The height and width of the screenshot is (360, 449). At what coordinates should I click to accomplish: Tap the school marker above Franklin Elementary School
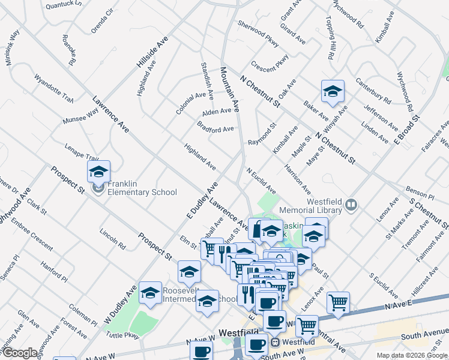click(x=98, y=172)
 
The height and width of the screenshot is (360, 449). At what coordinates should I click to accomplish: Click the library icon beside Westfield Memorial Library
click(x=352, y=206)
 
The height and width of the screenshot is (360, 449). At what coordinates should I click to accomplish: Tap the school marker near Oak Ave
click(x=333, y=92)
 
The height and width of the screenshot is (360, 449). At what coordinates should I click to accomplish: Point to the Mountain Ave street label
click(x=231, y=88)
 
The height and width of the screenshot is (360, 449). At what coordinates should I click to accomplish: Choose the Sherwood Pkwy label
click(x=259, y=31)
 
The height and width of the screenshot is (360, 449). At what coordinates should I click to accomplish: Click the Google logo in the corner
click(x=20, y=353)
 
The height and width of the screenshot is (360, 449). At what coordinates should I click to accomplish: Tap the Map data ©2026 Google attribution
click(x=411, y=355)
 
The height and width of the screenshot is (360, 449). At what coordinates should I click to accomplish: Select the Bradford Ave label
click(x=215, y=128)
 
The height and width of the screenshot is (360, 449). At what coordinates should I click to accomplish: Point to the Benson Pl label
click(x=420, y=193)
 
